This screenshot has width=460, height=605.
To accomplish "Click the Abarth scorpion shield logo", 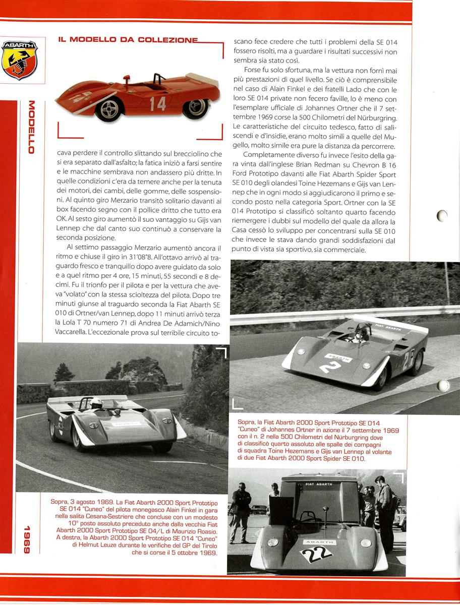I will tap(20, 60).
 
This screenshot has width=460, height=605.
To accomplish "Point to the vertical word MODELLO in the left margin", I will tap(31, 128).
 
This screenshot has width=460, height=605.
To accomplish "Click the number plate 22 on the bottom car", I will tap(317, 554).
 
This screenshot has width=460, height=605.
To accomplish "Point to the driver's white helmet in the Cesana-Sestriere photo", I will tap(95, 403).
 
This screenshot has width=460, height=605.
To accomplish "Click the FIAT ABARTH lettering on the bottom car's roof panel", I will tap(319, 483).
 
